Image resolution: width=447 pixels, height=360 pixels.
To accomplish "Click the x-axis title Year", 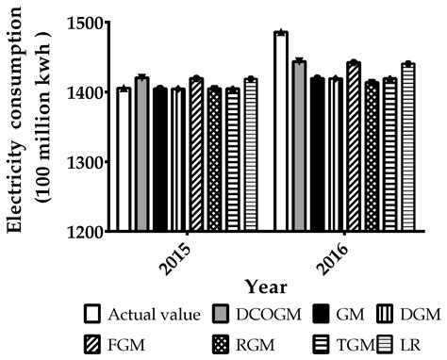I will point(264,286).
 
